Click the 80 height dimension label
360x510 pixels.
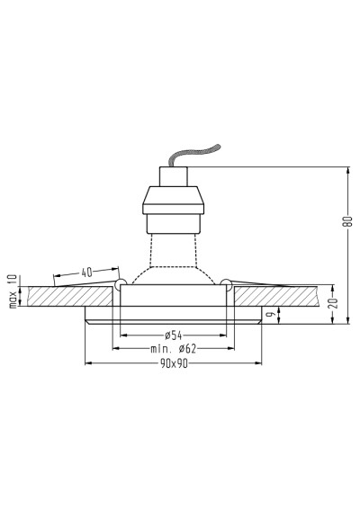pyautogui.click(x=348, y=221)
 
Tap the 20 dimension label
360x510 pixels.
pyautogui.click(x=334, y=303)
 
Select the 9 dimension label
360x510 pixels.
pyautogui.click(x=273, y=314)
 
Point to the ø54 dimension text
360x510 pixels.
pyautogui.click(x=173, y=335)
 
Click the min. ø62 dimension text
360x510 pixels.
pyautogui.click(x=174, y=349)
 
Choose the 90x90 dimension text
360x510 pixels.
pyautogui.click(x=174, y=363)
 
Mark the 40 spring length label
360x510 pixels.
pyautogui.click(x=86, y=273)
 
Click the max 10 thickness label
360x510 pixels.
pyautogui.click(x=13, y=291)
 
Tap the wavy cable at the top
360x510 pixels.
pyautogui.click(x=194, y=155)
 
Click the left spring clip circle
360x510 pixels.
pyautogui.click(x=120, y=283)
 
